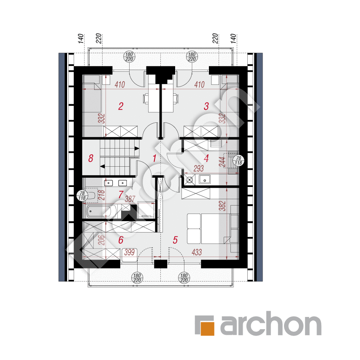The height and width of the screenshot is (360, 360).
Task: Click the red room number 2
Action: click(x=121, y=106)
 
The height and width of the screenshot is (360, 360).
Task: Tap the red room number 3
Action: click(x=206, y=106)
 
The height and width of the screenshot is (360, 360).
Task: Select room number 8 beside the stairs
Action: click(x=91, y=158)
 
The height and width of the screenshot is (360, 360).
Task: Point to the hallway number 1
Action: click(x=154, y=158)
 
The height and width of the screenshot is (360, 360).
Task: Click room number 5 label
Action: click(x=175, y=240)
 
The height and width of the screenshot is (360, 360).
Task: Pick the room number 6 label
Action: click(x=121, y=240)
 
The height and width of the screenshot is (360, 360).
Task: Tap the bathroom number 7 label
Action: click(x=121, y=195)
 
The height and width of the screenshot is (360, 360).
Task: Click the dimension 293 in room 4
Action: click(x=199, y=168)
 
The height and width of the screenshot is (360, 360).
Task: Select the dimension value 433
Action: click(x=197, y=252)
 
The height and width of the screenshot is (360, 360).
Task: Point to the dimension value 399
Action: click(x=130, y=252)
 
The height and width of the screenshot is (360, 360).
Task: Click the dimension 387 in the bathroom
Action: click(x=130, y=199)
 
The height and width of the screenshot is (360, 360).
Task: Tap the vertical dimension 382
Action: click(x=222, y=206)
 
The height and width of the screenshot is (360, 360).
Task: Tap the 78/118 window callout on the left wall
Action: click(x=82, y=195)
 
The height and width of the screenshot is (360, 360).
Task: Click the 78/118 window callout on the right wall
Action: click(x=238, y=160)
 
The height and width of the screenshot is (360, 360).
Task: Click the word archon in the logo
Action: click(x=271, y=323)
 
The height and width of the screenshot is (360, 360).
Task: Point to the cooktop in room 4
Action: click(x=189, y=180)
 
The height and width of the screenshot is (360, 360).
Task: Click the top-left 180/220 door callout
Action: click(x=129, y=57)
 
